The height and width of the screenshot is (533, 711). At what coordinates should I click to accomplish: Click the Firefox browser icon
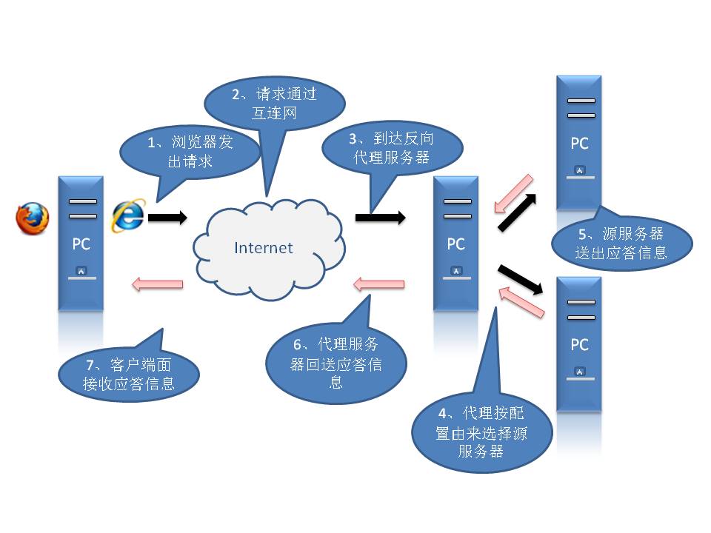(x=33, y=218)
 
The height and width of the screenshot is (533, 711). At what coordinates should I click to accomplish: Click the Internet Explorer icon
(x=127, y=215)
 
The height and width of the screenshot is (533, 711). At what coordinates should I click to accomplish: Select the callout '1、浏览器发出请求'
(x=190, y=151)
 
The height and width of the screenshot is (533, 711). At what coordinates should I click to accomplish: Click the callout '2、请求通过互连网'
(x=273, y=104)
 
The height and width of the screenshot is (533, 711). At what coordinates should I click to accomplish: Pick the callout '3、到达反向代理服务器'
(x=390, y=147)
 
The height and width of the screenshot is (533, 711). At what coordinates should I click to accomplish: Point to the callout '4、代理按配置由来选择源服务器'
(x=481, y=432)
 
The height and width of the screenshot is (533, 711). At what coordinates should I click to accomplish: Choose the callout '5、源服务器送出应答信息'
(x=621, y=243)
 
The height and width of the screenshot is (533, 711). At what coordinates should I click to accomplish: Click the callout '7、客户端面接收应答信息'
(x=129, y=374)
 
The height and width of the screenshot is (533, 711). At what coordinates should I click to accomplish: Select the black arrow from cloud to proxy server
(x=380, y=217)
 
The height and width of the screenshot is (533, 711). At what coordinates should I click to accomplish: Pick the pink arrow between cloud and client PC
(x=156, y=283)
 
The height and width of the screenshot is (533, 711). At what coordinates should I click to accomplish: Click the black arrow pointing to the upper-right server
(x=519, y=211)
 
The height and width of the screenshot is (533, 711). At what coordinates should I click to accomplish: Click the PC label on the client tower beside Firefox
(x=81, y=244)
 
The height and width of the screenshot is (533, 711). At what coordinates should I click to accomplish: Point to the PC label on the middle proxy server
(x=455, y=244)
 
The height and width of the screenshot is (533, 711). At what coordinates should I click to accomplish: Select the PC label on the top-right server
(x=579, y=144)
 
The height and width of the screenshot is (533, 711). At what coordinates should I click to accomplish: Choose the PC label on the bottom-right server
(x=579, y=345)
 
